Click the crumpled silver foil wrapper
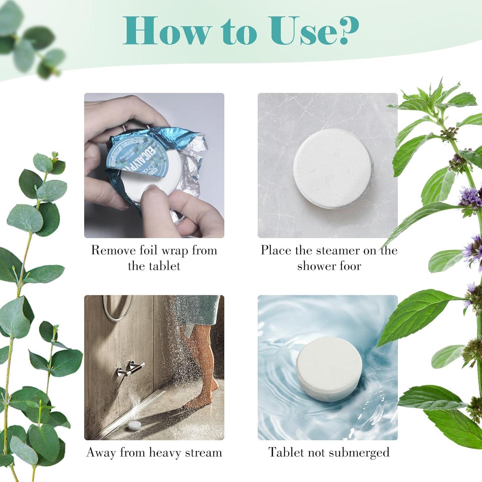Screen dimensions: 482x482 click(190, 180)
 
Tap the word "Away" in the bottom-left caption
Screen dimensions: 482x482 click(102, 452)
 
